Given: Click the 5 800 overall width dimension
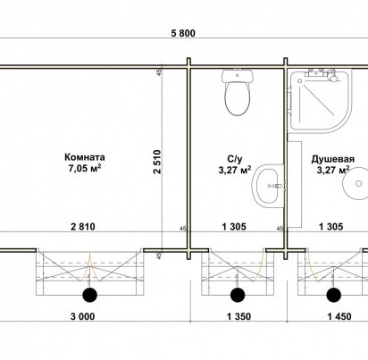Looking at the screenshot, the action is click(183, 33).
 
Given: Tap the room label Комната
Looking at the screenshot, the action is click(85, 157).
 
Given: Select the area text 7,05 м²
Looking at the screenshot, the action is click(85, 168).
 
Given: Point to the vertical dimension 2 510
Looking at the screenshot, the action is click(157, 162).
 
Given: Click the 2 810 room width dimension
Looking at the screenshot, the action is click(83, 227).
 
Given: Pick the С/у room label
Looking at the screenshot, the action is click(234, 158).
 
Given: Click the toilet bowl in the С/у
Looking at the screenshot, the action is click(238, 98).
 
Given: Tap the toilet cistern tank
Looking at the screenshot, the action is click(238, 76).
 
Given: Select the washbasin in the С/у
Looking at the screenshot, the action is click(269, 185).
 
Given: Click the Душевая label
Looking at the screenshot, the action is click(333, 159).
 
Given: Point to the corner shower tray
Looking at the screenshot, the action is click(321, 101).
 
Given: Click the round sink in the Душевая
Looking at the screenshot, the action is click(355, 183).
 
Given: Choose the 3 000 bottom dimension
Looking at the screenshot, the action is click(83, 316).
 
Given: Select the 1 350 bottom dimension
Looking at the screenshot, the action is click(238, 316).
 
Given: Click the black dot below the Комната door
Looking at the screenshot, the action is click(89, 295).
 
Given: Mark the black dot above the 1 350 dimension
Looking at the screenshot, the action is click(238, 295).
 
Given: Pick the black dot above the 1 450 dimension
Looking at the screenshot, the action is click(334, 295).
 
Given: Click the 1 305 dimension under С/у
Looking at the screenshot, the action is click(234, 227).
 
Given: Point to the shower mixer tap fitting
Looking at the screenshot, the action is click(323, 74).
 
